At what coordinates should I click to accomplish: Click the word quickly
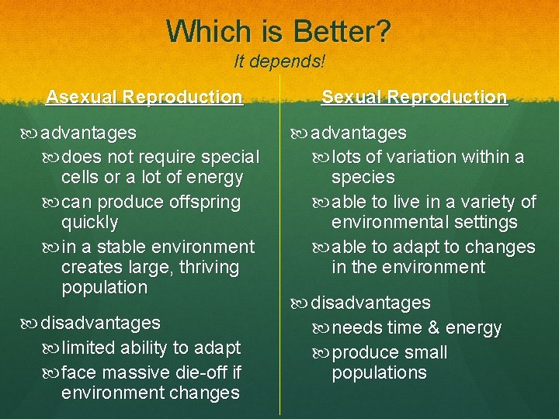pyautogui.click(x=89, y=223)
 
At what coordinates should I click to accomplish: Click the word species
pyautogui.click(x=363, y=177)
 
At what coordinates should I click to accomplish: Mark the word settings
pyautogui.click(x=481, y=223)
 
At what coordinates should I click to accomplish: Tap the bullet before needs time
pyautogui.click(x=321, y=328)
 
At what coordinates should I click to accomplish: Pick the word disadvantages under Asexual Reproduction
pyautogui.click(x=100, y=322)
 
